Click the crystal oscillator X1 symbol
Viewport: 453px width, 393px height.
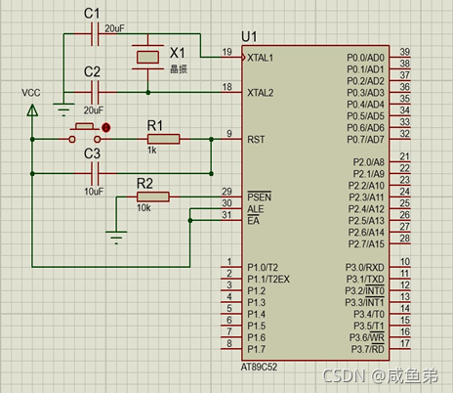click(x=147, y=57)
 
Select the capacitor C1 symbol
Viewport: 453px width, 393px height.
click(x=95, y=34)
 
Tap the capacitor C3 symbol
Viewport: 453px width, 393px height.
click(x=95, y=174)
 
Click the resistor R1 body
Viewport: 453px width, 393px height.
click(x=163, y=139)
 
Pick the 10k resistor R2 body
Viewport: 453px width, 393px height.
click(x=153, y=196)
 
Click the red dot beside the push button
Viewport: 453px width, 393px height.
click(x=106, y=127)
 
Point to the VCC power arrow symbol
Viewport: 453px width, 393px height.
click(x=32, y=109)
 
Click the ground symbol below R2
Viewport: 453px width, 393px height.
click(x=116, y=238)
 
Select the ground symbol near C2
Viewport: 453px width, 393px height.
click(x=63, y=109)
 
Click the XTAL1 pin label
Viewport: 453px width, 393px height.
click(x=260, y=58)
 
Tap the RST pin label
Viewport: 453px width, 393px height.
click(x=256, y=140)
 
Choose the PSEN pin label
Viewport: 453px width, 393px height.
click(x=259, y=196)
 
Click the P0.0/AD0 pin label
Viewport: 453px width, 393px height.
click(x=365, y=58)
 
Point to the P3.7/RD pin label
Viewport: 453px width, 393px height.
click(x=367, y=349)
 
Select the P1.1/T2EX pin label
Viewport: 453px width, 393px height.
click(x=268, y=280)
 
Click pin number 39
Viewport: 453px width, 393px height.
click(x=404, y=52)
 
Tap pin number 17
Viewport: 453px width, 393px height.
click(x=404, y=343)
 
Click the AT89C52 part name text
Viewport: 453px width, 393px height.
click(x=259, y=367)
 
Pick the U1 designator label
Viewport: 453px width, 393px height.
click(x=249, y=37)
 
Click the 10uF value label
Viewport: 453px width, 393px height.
click(x=94, y=192)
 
